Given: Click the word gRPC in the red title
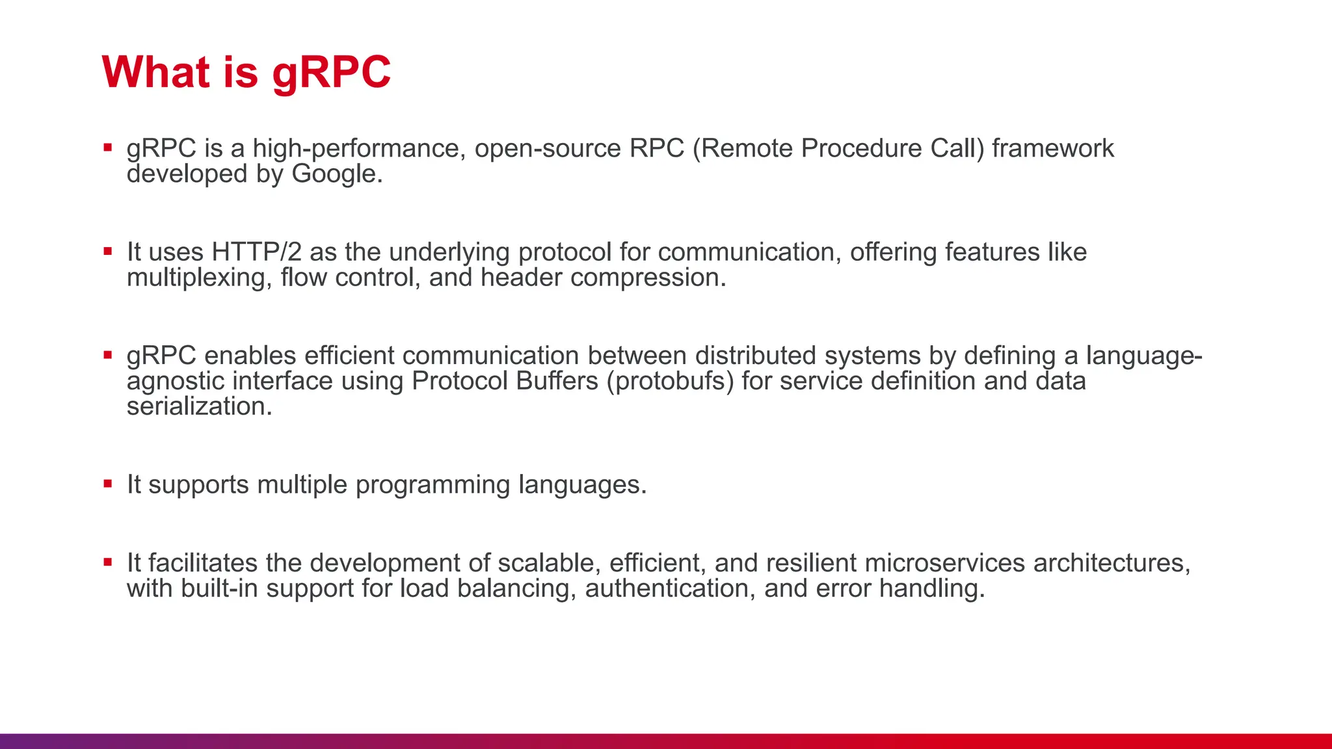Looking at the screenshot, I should point(331,73).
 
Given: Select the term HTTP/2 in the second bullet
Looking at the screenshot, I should point(256,252).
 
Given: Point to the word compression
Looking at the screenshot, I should point(647,278).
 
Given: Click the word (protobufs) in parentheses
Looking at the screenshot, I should point(670,382).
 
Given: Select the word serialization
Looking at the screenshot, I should point(198,407).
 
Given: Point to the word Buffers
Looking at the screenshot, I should point(557,382).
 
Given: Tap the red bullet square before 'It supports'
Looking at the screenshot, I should point(108,484).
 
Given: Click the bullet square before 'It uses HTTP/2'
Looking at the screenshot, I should point(108,251).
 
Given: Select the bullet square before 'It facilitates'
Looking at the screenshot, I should point(108,562).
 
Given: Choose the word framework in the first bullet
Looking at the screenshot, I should point(1052,149).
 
